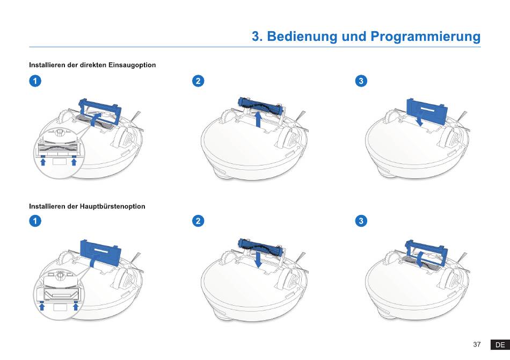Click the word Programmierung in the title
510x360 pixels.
pos(425,37)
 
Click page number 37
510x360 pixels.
pos(477,344)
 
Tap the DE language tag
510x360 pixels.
pos(500,344)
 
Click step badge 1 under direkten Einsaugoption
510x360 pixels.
pos(34,81)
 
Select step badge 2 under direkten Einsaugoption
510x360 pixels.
pos(198,81)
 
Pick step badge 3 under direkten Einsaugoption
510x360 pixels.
pos(362,81)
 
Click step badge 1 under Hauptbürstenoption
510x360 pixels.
pos(34,221)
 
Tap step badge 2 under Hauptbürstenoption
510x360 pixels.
pos(198,221)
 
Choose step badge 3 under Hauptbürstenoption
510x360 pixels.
pos(362,221)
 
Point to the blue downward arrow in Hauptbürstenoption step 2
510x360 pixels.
pos(259,261)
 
